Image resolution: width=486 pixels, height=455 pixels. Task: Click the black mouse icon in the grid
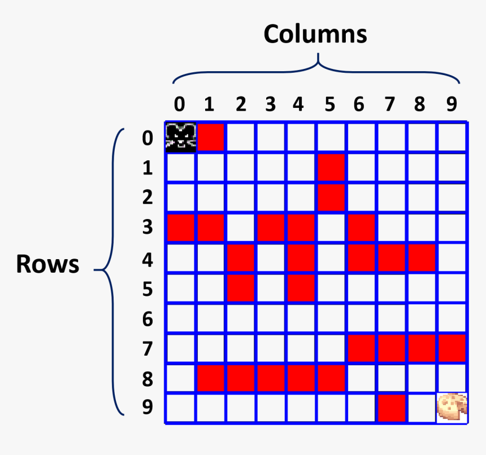[180, 137]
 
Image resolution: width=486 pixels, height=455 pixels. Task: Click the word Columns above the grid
[315, 34]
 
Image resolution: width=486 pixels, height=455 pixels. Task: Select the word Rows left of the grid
[47, 264]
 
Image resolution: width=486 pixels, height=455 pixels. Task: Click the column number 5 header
[330, 104]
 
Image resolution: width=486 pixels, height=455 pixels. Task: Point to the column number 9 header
[451, 104]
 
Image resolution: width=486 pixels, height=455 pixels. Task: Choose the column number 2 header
[241, 104]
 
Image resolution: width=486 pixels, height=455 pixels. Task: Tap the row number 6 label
[147, 320]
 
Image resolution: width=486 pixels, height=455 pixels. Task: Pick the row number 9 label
[147, 407]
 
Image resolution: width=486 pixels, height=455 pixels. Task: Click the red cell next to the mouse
[211, 137]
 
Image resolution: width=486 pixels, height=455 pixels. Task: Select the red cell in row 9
[392, 408]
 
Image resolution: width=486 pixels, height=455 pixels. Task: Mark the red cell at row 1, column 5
[331, 168]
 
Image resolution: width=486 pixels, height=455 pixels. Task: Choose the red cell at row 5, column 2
[241, 288]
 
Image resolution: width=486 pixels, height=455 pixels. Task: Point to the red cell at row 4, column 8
[422, 258]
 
